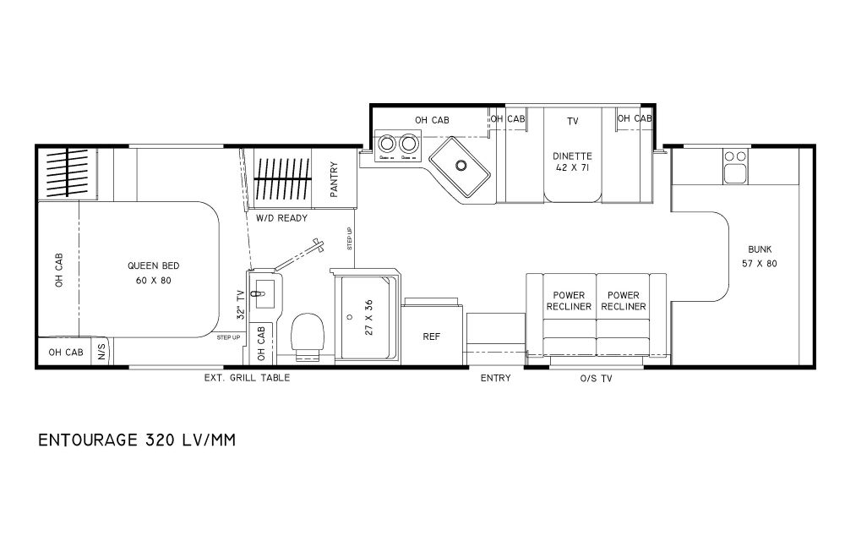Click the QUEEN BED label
[x=154, y=265]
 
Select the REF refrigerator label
[x=432, y=336]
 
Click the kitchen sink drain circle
[x=461, y=165]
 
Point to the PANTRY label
[x=334, y=179]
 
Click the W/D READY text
[x=281, y=218]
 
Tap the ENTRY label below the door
[x=495, y=378]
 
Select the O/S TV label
[x=596, y=378]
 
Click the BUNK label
[x=760, y=249]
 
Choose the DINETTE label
[x=572, y=156]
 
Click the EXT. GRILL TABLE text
[x=247, y=378]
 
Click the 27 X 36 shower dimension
[x=369, y=318]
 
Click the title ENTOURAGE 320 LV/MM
[x=137, y=440]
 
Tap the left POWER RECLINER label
[x=569, y=301]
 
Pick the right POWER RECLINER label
[x=624, y=301]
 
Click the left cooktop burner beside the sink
[x=386, y=144]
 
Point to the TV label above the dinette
[x=572, y=121]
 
